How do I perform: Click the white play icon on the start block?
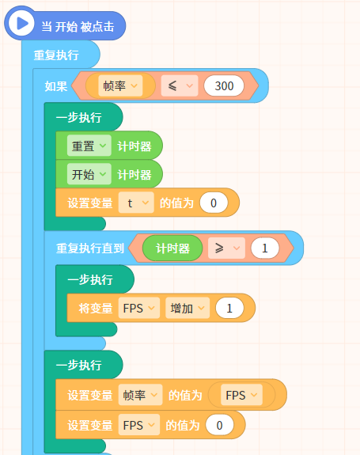[x=21, y=23]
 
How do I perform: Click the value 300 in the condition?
[x=224, y=86]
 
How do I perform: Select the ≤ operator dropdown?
[x=180, y=86]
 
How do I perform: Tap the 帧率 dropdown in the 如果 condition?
[x=120, y=86]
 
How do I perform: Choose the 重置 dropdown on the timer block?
[x=89, y=146]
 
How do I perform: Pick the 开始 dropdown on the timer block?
[x=89, y=174]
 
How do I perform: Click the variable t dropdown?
[x=136, y=203]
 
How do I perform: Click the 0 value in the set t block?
[x=214, y=203]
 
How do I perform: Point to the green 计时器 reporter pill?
[x=172, y=248]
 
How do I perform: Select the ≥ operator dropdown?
[x=226, y=248]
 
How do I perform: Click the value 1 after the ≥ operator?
[x=265, y=248]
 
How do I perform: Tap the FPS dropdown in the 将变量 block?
[x=139, y=308]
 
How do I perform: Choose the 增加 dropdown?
[x=188, y=308]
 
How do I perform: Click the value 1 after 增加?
[x=229, y=308]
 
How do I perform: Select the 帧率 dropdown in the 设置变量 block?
[x=140, y=395]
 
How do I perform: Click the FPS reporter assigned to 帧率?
[x=241, y=395]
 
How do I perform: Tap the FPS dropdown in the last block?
[x=139, y=425]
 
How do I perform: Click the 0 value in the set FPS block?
[x=220, y=425]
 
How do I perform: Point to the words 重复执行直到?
[x=90, y=248]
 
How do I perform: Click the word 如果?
[x=56, y=86]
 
